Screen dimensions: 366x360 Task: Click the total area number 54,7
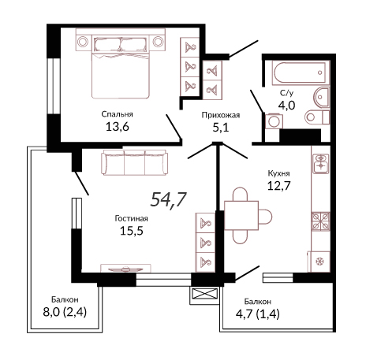[169, 200]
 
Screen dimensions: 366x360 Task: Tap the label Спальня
[118, 114]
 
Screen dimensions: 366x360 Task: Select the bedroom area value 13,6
[118, 127]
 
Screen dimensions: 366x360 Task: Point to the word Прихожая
[221, 115]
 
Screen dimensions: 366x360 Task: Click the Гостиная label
[132, 218]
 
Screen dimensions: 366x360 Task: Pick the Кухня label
[278, 173]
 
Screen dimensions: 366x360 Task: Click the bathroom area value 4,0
[286, 105]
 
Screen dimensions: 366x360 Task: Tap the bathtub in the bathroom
[301, 72]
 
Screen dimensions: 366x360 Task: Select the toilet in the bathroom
[317, 117]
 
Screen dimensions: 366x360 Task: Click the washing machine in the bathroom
[274, 121]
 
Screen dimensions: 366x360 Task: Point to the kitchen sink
[320, 162]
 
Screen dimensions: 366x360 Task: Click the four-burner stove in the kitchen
[320, 221]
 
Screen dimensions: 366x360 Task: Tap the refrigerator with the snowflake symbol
[319, 262]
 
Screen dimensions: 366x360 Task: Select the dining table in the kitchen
[241, 216]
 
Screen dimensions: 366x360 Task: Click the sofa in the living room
[134, 162]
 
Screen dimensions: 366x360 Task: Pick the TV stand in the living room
[126, 268]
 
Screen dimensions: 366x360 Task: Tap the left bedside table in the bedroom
[83, 42]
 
